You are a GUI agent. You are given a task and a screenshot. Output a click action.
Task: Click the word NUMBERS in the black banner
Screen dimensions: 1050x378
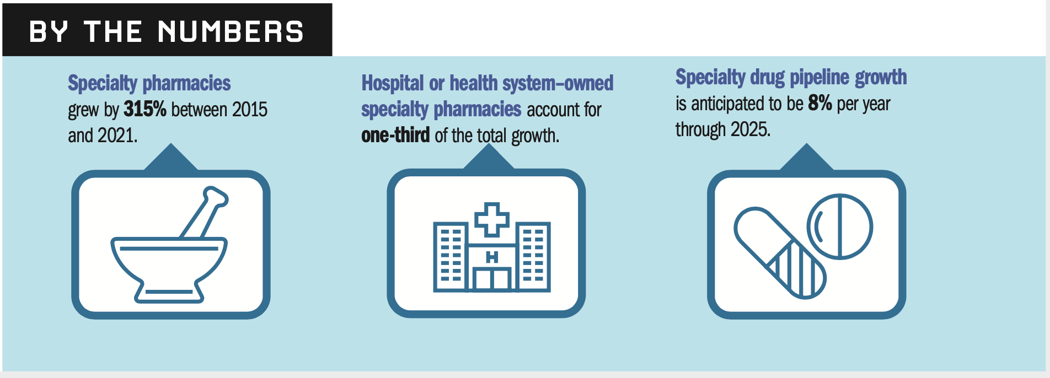(x=231, y=31)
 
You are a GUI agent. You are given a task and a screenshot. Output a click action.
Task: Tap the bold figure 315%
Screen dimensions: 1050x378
(x=144, y=109)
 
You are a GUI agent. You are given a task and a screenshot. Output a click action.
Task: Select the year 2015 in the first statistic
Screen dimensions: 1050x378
(x=250, y=110)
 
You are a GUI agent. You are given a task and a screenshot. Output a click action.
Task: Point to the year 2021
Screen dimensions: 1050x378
(x=117, y=136)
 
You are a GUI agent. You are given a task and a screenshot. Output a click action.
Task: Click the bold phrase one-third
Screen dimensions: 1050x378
(x=395, y=135)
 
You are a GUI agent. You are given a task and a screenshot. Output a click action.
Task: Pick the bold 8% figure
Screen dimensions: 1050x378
(x=820, y=103)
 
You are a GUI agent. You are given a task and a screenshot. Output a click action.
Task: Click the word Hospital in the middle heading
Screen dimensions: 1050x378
(x=393, y=83)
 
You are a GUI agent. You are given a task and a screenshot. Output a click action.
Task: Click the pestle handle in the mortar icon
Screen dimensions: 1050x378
(x=205, y=212)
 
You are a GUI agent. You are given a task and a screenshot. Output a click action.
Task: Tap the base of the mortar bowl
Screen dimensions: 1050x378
(x=169, y=293)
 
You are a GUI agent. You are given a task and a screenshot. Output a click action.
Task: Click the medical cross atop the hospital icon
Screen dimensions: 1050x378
(x=492, y=219)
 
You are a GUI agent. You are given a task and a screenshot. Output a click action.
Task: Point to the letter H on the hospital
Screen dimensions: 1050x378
(x=492, y=257)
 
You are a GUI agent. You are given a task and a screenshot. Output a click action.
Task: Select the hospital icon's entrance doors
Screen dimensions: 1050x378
(x=492, y=279)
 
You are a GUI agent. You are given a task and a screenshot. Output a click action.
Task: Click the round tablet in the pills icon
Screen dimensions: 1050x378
(x=840, y=226)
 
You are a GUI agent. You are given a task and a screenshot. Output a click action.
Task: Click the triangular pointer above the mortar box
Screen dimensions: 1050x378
(x=171, y=158)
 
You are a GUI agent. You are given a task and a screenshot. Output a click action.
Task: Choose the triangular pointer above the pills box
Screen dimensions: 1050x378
(x=806, y=158)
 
